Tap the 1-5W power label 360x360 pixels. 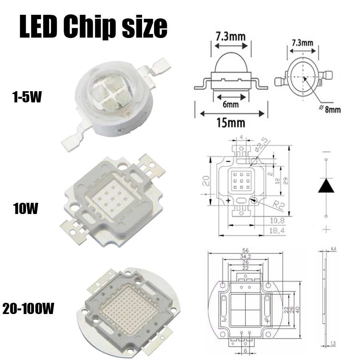click(x=26, y=97)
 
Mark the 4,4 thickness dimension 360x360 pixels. click(x=332, y=249)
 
